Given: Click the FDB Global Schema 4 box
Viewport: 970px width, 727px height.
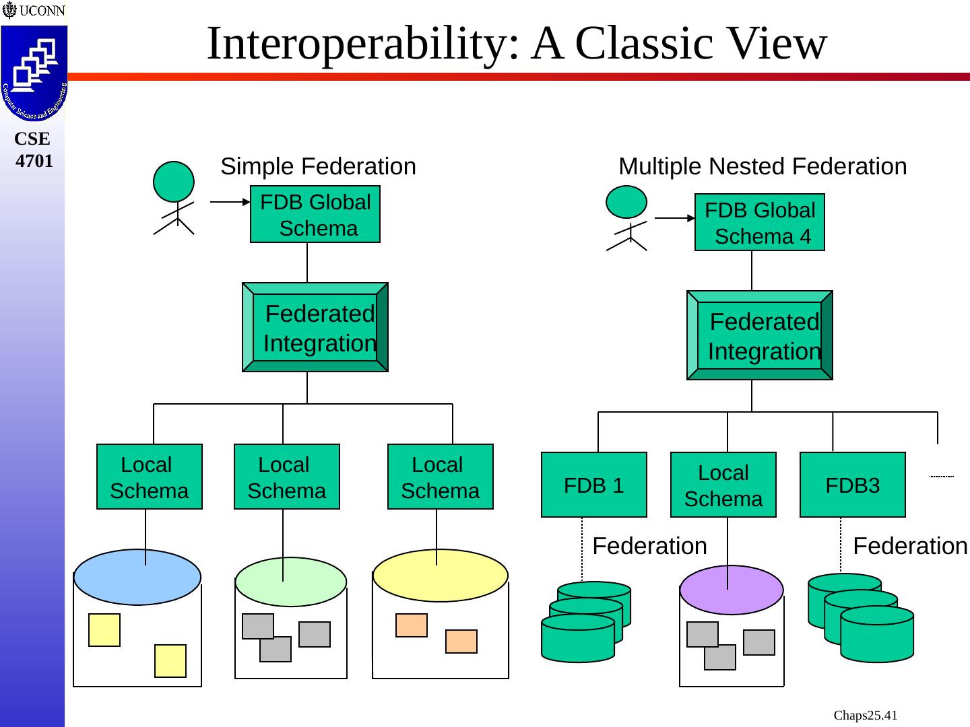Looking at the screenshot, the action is click(x=760, y=222).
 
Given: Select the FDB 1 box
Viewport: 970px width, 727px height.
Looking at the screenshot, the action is click(x=594, y=485).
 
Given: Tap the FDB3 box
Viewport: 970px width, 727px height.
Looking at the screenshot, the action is click(x=852, y=485).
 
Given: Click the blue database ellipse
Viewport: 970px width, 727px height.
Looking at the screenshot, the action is click(x=137, y=577).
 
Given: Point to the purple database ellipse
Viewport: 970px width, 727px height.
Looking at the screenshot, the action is click(x=732, y=590).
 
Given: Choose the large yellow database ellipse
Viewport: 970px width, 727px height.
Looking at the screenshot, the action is click(x=441, y=575).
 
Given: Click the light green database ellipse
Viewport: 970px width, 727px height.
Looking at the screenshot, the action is click(x=291, y=582).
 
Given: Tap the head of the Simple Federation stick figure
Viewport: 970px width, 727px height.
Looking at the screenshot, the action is click(x=174, y=182).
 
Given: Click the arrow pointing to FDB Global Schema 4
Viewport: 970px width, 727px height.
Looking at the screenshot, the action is click(x=675, y=218).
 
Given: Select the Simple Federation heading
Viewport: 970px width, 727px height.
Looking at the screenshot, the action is click(x=318, y=166).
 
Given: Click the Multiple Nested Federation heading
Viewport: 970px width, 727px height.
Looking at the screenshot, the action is click(x=763, y=166).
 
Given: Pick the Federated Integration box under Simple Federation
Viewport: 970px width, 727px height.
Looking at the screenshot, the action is click(x=315, y=327).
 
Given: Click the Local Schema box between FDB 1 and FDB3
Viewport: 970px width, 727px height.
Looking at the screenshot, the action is click(x=723, y=485).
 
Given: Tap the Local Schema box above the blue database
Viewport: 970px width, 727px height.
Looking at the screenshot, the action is click(x=150, y=477).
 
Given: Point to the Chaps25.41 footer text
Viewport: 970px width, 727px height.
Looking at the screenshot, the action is click(x=866, y=715).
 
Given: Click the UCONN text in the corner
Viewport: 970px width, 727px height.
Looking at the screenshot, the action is click(x=42, y=10).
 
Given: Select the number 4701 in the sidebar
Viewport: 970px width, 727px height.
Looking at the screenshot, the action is click(x=34, y=161).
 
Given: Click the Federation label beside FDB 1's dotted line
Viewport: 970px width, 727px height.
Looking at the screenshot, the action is click(x=649, y=546).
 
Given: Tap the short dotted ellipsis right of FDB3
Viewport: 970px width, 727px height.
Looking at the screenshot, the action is click(x=942, y=477).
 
